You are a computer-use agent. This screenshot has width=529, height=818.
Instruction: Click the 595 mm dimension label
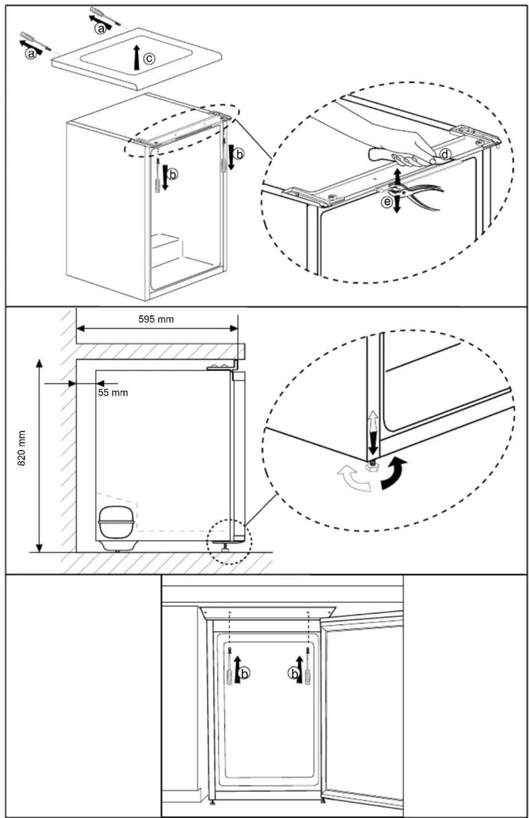(156, 319)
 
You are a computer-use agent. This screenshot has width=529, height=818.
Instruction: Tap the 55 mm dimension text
(113, 393)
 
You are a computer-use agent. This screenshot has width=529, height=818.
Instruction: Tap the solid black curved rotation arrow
(394, 474)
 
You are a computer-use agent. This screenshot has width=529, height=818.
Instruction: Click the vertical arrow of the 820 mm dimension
(39, 456)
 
